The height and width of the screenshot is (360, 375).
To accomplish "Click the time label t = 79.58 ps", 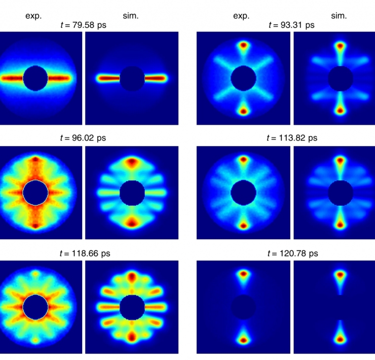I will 83,25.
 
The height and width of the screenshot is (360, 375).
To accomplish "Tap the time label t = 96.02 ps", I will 83,138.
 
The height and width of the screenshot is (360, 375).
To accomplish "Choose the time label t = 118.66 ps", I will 83,253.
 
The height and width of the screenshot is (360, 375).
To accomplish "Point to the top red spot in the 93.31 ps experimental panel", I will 244,45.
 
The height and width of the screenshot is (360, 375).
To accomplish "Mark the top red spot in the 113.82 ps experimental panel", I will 244,159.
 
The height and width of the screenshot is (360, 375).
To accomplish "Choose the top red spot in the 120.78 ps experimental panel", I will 244,274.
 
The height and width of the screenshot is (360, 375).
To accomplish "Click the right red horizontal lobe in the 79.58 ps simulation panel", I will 156,78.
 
